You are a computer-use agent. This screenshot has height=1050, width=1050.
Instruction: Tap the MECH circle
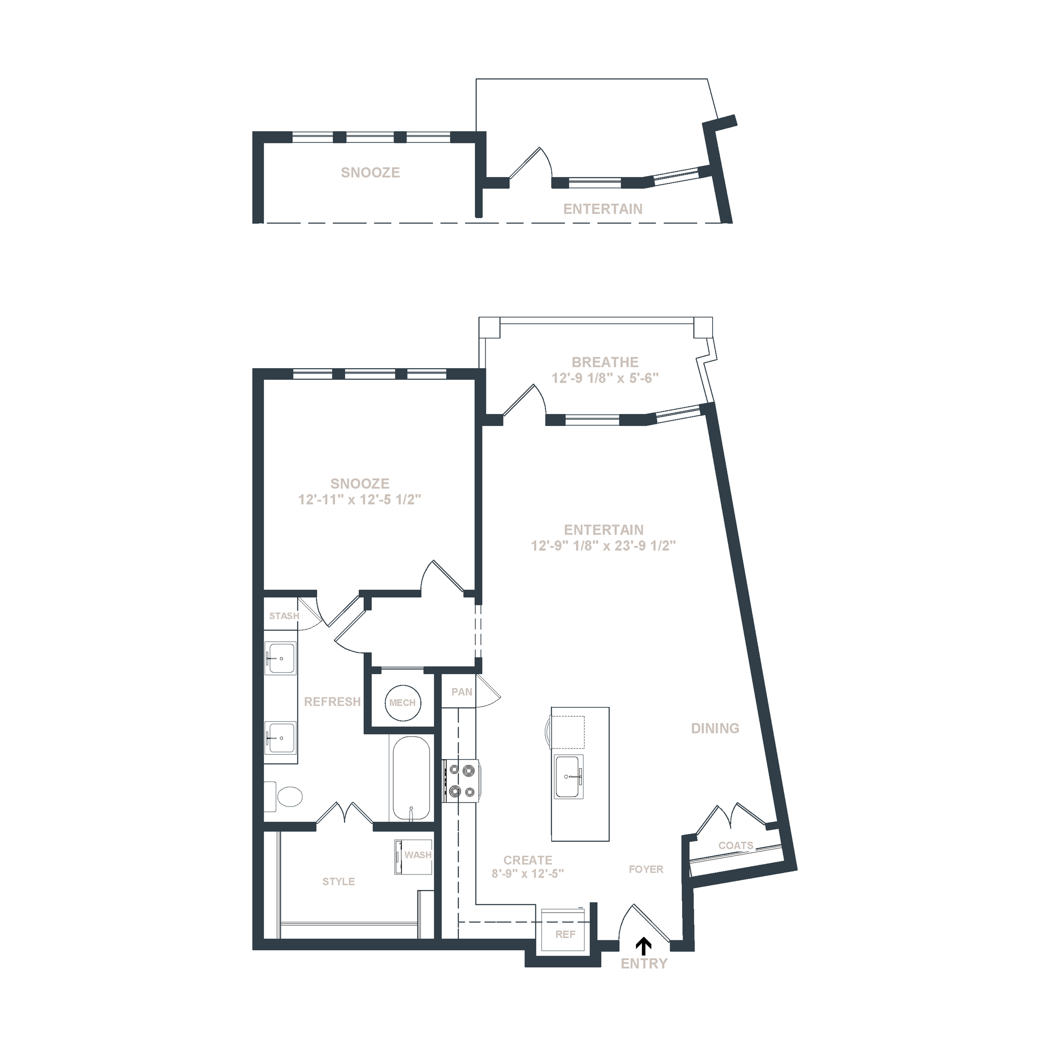click(x=402, y=702)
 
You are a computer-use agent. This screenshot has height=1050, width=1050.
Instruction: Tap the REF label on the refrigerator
click(x=565, y=934)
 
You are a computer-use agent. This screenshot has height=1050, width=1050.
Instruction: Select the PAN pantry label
click(x=462, y=692)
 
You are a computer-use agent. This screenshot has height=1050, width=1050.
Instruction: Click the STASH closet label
click(x=284, y=616)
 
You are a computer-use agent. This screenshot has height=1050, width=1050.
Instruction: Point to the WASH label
click(x=418, y=855)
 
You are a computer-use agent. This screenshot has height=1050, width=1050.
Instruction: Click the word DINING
click(x=715, y=728)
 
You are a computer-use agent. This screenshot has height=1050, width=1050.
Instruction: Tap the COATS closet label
click(x=736, y=845)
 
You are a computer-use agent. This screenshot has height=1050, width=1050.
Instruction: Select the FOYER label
click(x=646, y=869)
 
